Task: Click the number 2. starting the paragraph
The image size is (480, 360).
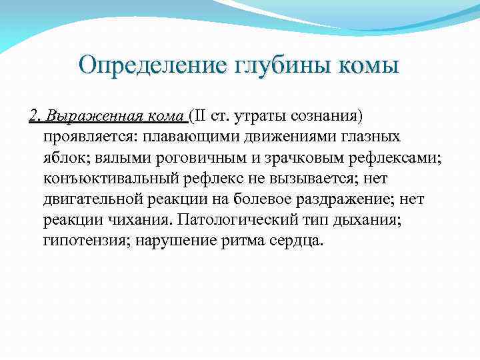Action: tap(35, 117)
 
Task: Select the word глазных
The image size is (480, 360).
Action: tap(373, 138)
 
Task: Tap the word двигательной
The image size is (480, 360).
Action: tap(92, 200)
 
